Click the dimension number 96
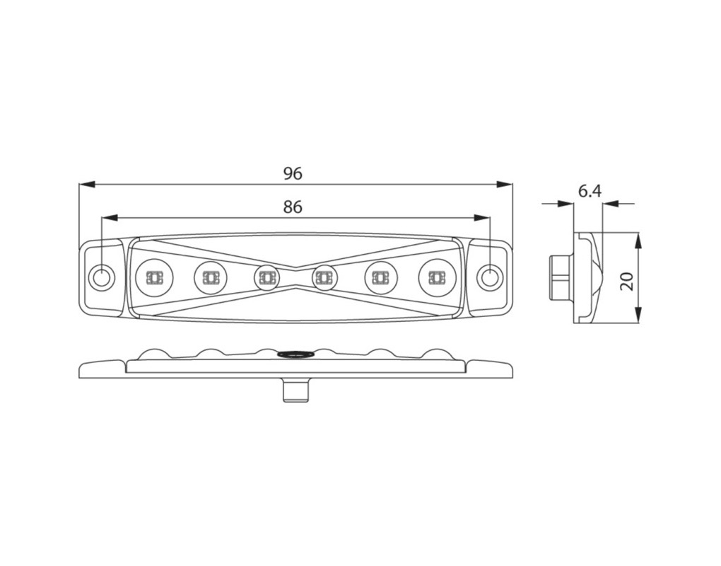(293, 173)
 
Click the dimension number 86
(293, 207)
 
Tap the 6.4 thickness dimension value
(590, 190)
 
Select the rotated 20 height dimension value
(626, 281)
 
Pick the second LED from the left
(211, 277)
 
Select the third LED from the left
(266, 277)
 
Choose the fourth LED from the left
(324, 277)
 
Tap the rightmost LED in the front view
(435, 277)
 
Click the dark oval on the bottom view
(295, 354)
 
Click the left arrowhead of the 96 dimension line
(88, 185)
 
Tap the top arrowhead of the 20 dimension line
(638, 241)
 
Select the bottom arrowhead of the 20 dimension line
(638, 314)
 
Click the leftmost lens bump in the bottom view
(153, 354)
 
